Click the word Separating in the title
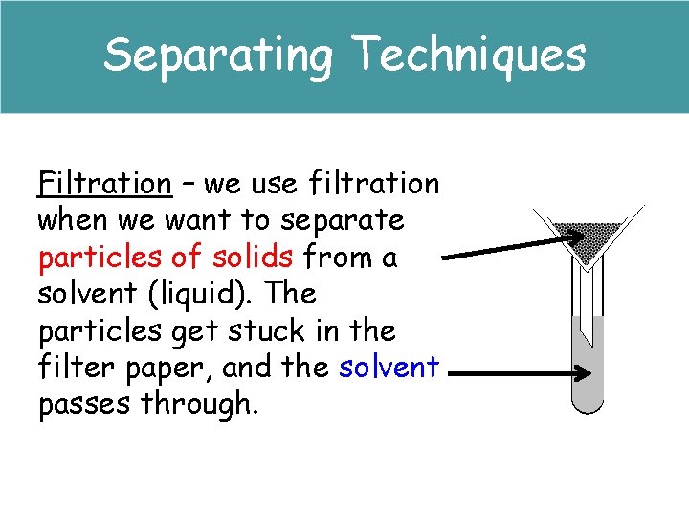(x=218, y=55)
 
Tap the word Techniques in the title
(x=469, y=55)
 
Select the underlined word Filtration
(x=103, y=182)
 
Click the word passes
(x=84, y=404)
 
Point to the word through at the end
(x=199, y=404)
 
